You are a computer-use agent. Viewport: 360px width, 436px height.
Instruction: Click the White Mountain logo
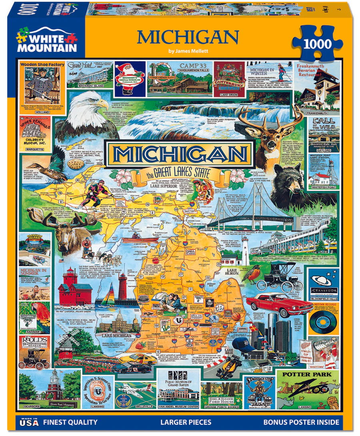click(46, 39)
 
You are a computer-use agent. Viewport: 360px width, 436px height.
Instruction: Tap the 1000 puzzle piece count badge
click(317, 43)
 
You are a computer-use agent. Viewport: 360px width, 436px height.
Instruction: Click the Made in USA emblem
click(30, 422)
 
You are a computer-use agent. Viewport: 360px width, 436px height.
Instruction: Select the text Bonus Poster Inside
click(301, 422)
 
